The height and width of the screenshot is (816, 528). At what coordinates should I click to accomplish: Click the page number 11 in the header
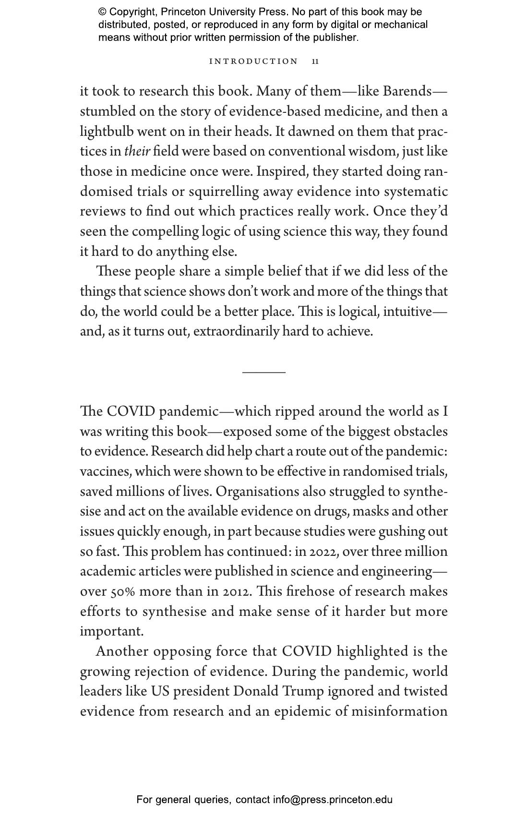(315, 61)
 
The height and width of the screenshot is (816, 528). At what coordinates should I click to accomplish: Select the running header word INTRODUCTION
(254, 61)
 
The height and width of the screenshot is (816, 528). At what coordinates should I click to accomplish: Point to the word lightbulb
(104, 132)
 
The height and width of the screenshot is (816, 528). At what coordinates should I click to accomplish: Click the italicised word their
(137, 152)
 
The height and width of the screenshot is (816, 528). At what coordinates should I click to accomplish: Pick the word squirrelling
(224, 192)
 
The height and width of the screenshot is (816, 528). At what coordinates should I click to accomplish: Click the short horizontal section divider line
(264, 372)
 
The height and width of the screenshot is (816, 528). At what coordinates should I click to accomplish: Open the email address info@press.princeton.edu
(333, 800)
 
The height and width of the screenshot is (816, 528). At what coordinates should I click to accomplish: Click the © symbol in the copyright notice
(102, 12)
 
